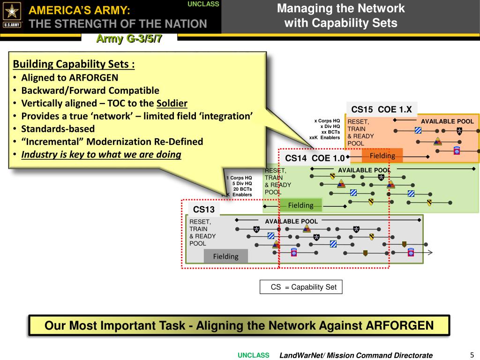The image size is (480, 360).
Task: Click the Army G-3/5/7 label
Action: (x=129, y=39)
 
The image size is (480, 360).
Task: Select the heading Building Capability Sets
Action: (x=74, y=64)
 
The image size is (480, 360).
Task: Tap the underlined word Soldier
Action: (x=172, y=103)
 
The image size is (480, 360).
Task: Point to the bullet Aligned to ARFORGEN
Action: (x=69, y=78)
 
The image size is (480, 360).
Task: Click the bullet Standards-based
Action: (x=58, y=129)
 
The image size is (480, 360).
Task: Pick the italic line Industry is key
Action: (x=101, y=154)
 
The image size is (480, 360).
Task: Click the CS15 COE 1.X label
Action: (x=381, y=110)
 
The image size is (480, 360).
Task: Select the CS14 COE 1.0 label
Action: (x=315, y=158)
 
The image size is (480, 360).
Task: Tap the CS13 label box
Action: (x=203, y=209)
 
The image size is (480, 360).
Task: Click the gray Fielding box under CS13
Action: (x=225, y=256)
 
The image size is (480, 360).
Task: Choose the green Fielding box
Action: (x=300, y=205)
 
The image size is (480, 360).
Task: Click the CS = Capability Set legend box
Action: (x=301, y=287)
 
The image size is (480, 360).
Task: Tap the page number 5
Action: (x=472, y=354)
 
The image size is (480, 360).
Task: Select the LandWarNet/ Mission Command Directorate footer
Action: (x=356, y=355)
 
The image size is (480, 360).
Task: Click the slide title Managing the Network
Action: (x=341, y=8)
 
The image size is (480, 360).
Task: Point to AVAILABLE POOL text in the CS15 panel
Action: (x=447, y=121)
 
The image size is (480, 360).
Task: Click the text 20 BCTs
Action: (x=242, y=189)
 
